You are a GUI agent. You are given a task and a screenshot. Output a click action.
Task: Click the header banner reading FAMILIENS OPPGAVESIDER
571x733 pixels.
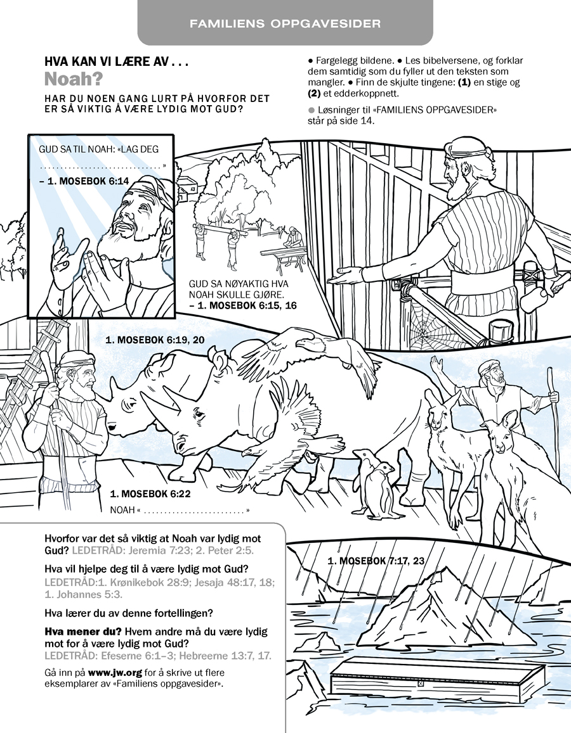285,24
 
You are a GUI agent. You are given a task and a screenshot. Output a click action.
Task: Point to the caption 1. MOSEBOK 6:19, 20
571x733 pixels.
155,340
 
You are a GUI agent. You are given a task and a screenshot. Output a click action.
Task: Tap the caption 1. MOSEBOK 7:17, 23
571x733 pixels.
376,561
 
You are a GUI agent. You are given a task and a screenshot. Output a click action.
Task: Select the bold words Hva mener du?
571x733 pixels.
82,632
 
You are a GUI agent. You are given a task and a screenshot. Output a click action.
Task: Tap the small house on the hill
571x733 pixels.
185,187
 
